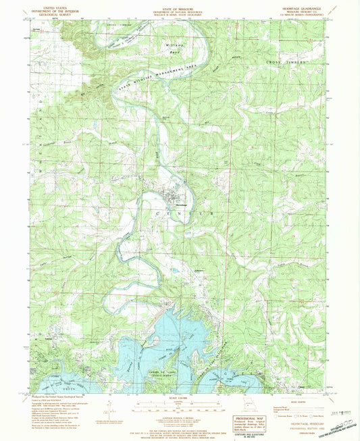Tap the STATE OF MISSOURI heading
(x=180, y=7)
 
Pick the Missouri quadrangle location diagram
(x=242, y=410)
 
